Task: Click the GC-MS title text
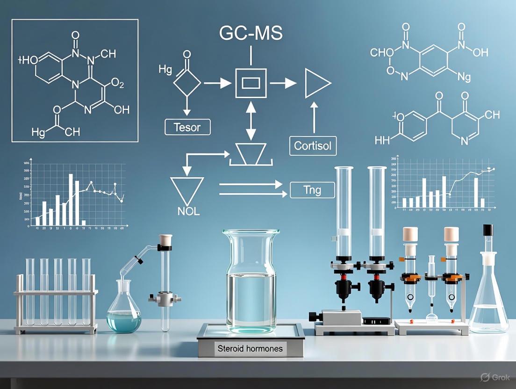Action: tap(251, 34)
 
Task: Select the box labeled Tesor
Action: tap(187, 127)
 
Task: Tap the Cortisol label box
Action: tap(313, 146)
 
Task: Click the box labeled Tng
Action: tap(313, 190)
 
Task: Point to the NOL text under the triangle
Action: tap(188, 211)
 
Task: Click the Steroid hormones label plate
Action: tap(250, 348)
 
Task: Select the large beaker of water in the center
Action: tap(251, 281)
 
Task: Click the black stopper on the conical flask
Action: tap(488, 230)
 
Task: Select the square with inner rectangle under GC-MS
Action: tap(251, 83)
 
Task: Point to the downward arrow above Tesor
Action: tap(187, 108)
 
